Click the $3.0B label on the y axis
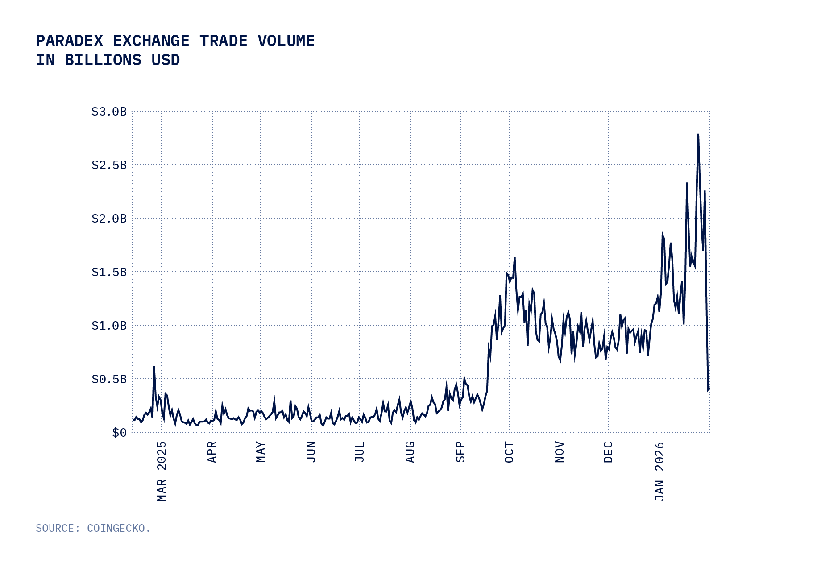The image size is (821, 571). pos(109,112)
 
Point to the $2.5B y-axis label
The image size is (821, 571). pos(109,165)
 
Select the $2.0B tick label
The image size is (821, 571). pos(109,219)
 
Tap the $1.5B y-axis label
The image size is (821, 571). pos(109,272)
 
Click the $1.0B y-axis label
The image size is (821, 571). pos(109,326)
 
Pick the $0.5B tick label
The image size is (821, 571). pos(109,379)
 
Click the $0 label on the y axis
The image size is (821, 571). pos(119,433)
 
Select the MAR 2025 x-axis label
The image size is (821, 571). pos(162,471)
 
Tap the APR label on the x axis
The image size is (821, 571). pos(212,452)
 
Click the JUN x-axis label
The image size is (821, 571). pos(311,452)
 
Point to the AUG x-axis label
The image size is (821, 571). pos(410,452)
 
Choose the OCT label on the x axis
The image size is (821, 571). pos(509,452)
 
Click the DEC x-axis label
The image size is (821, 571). pos(608,452)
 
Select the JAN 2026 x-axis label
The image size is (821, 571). pos(659,471)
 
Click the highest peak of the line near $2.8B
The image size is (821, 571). pos(698,134)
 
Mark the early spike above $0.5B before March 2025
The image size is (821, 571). pos(154,367)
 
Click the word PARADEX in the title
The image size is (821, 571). pos(69,41)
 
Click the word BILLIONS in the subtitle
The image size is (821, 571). pos(103,60)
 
